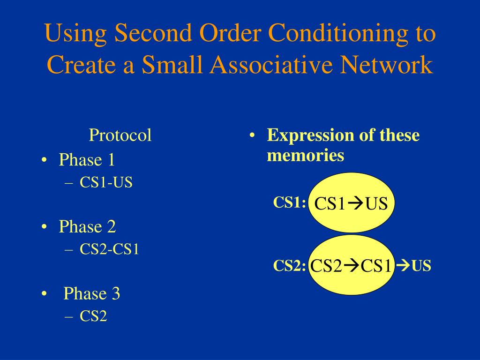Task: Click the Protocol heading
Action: (120, 135)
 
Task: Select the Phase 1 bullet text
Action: (87, 160)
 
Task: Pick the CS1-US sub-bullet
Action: (106, 182)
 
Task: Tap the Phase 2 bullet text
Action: (87, 227)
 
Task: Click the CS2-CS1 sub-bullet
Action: (109, 249)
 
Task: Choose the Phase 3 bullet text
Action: (92, 293)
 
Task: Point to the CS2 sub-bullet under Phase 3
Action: (93, 316)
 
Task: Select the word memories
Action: (306, 155)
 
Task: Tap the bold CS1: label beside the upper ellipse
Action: (290, 202)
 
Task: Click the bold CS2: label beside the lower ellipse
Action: (290, 266)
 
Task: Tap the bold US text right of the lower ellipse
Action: (421, 266)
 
